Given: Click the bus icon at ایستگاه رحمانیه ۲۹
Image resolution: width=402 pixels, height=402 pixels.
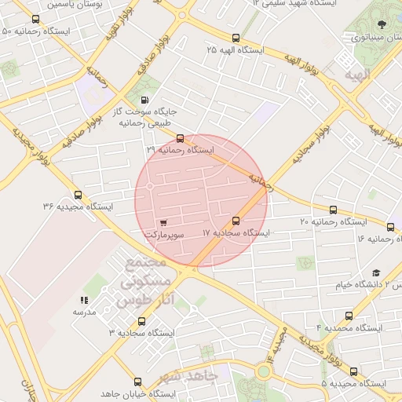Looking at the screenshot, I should (181, 138).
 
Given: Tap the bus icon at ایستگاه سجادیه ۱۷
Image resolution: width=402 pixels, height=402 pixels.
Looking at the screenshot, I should (236, 221).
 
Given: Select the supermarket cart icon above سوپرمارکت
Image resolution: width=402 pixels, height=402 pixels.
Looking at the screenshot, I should (163, 223).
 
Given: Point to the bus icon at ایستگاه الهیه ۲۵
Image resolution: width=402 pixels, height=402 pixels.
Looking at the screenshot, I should (236, 38).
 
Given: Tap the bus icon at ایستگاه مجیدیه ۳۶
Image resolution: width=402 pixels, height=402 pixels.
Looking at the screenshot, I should (77, 195).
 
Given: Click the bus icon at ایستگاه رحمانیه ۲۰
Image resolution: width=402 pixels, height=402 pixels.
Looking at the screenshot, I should (334, 210).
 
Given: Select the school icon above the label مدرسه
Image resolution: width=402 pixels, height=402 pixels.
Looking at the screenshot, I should (84, 300).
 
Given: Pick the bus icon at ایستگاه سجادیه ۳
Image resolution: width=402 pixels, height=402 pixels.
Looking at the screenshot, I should (141, 321).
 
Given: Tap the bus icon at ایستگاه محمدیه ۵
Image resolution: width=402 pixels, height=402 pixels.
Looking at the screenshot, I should (353, 371).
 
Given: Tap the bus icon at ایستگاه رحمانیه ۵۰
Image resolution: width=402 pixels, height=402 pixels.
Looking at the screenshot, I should (35, 20).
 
